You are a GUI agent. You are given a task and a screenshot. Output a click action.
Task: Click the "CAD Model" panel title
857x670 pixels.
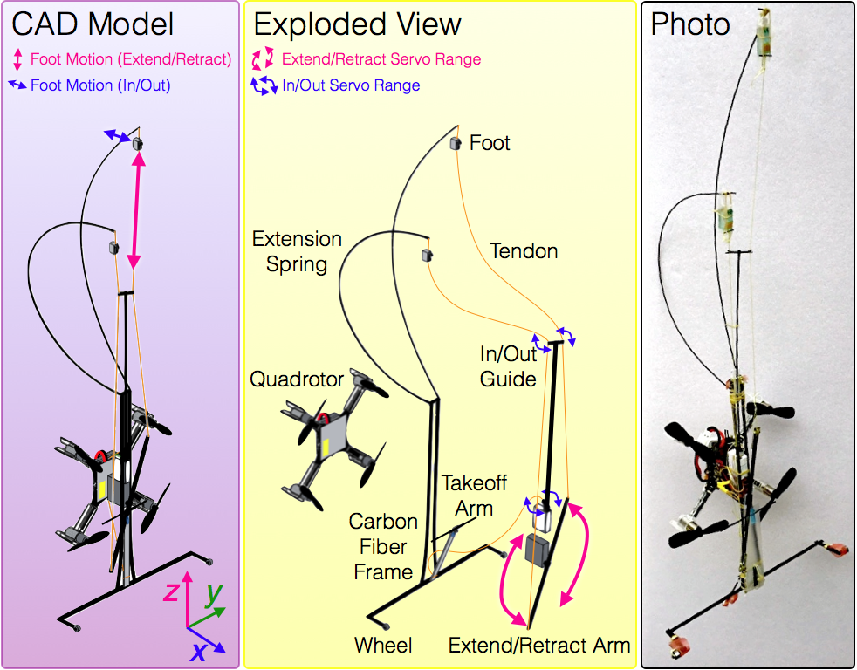pyautogui.click(x=93, y=24)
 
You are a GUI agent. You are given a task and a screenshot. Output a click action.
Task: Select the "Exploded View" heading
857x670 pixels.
pyautogui.click(x=358, y=25)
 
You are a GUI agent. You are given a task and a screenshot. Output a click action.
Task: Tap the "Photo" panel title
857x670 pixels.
pyautogui.click(x=690, y=24)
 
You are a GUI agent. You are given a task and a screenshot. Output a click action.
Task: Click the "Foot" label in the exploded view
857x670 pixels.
pyautogui.click(x=490, y=143)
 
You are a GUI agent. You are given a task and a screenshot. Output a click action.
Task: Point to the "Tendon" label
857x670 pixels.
pyautogui.click(x=524, y=251)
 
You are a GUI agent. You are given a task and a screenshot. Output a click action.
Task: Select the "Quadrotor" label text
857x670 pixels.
pyautogui.click(x=297, y=379)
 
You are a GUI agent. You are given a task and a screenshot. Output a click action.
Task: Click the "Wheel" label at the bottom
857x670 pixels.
pyautogui.click(x=383, y=646)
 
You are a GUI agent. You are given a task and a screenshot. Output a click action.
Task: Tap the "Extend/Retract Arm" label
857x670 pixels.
pyautogui.click(x=539, y=646)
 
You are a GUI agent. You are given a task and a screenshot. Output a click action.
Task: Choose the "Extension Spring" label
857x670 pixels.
pyautogui.click(x=297, y=251)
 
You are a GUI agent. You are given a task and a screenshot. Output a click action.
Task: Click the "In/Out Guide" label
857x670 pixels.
pyautogui.click(x=508, y=366)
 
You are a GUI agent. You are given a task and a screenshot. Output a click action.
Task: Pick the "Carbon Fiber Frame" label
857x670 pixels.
pyautogui.click(x=383, y=546)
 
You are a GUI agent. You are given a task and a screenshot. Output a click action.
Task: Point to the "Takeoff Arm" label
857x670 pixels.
pyautogui.click(x=474, y=496)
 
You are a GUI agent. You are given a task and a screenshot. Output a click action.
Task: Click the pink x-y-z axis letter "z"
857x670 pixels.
pyautogui.click(x=172, y=591)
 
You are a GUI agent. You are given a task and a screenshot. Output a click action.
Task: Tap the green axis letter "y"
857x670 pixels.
pyautogui.click(x=214, y=595)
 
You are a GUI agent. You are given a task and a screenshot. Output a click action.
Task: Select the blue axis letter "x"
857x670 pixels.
pyautogui.click(x=198, y=652)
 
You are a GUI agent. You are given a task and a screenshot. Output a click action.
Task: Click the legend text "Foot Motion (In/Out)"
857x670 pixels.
pyautogui.click(x=100, y=85)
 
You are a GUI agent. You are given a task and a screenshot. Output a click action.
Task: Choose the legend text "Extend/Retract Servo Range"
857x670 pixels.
pyautogui.click(x=381, y=59)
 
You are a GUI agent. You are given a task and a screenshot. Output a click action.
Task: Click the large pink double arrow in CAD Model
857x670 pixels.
pyautogui.click(x=136, y=210)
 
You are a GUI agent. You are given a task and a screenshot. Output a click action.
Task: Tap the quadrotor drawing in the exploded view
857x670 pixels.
pyautogui.click(x=334, y=438)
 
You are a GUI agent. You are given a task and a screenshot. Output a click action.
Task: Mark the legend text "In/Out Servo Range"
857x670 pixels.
pyautogui.click(x=351, y=85)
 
